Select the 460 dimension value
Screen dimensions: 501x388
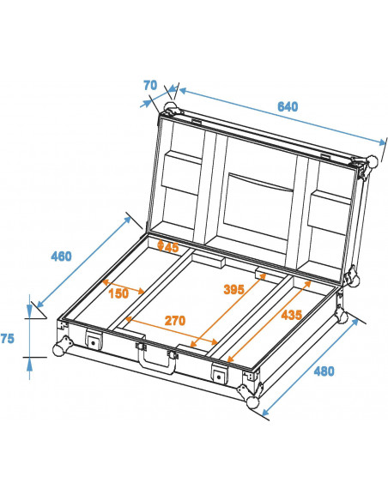click(61, 256)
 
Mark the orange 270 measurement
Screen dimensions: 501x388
click(175, 320)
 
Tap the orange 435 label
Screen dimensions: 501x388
click(291, 315)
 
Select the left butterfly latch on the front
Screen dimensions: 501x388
click(92, 342)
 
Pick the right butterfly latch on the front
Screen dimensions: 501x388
click(221, 374)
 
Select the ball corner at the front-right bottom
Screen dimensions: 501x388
click(252, 401)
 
